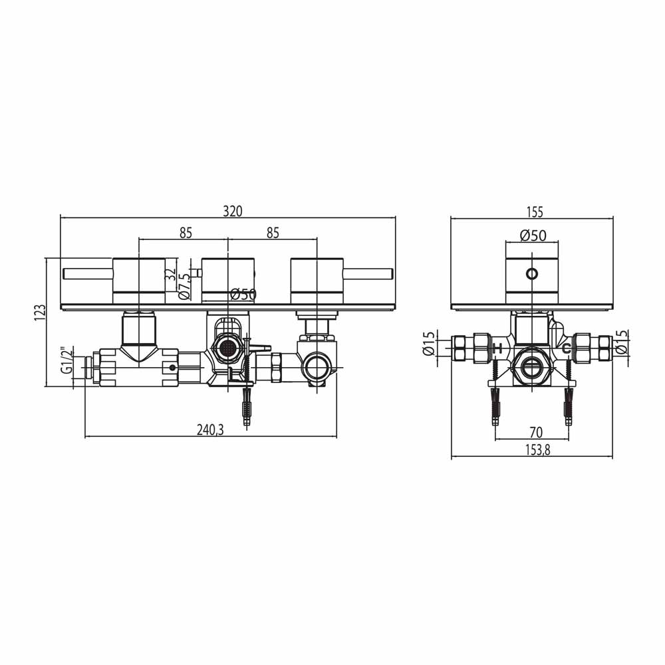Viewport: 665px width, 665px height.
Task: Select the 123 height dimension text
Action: tap(40, 313)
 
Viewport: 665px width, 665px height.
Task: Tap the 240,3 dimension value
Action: tap(210, 430)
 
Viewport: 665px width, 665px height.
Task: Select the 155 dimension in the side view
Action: tap(535, 212)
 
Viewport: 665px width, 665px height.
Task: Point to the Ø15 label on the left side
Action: tap(429, 344)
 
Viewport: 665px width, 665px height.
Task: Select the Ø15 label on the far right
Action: tap(621, 344)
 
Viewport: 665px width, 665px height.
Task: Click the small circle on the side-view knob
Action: tap(531, 273)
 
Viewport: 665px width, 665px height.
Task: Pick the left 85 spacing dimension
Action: tap(186, 233)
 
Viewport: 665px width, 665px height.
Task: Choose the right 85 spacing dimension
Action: tap(272, 233)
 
